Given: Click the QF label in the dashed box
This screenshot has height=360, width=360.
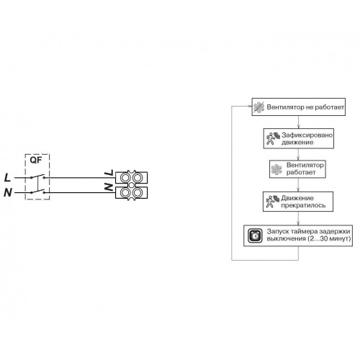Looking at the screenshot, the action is (36, 160).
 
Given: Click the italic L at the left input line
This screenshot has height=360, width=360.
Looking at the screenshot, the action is (8, 178).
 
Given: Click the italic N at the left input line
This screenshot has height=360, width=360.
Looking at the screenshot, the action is (8, 192).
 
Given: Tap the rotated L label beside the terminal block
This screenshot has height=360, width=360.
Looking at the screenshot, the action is (109, 173).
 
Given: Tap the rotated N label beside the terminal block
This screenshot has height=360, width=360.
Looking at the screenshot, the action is (109, 187).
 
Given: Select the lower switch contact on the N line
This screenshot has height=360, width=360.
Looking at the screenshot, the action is (37, 192).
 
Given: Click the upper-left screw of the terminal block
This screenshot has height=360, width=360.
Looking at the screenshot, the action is (125, 178).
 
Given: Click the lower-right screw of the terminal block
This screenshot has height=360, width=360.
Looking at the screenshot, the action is (138, 192).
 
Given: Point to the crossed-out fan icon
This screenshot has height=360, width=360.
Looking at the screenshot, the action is (259, 107).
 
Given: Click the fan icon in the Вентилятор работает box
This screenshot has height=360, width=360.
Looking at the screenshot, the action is (276, 169).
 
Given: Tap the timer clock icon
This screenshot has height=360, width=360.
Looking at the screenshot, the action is (256, 236).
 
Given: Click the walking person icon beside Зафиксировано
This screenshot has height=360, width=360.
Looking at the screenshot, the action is (273, 138).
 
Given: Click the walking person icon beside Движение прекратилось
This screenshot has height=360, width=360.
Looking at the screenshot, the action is (273, 202).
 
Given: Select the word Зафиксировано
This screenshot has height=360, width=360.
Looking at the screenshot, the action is (307, 135).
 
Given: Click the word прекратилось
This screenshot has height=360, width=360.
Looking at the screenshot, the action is (303, 205).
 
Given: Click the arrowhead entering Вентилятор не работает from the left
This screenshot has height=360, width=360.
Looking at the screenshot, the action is (250, 107).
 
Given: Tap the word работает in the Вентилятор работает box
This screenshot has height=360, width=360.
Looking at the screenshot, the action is (301, 172).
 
